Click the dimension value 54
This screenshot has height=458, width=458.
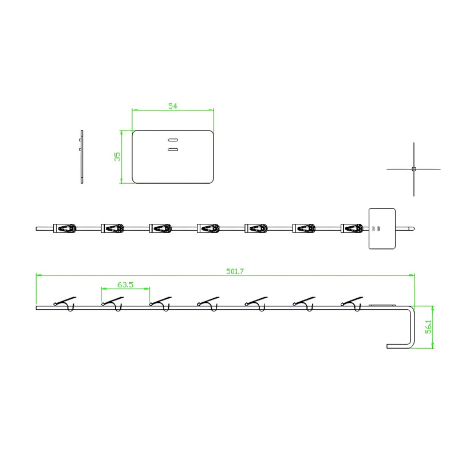pos(173,106)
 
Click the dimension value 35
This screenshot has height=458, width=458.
pos(117,156)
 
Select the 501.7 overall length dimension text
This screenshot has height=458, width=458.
pos(235,271)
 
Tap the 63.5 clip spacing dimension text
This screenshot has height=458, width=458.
pos(125,285)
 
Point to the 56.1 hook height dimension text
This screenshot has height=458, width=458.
pos(428,327)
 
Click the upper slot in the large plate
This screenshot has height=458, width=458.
pos(173,140)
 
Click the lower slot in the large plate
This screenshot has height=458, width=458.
pos(173,149)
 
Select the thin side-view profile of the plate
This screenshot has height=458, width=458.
pos(81,157)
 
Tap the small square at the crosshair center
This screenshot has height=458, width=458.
pos(413,169)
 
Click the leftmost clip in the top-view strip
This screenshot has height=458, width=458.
pos(65,228)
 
